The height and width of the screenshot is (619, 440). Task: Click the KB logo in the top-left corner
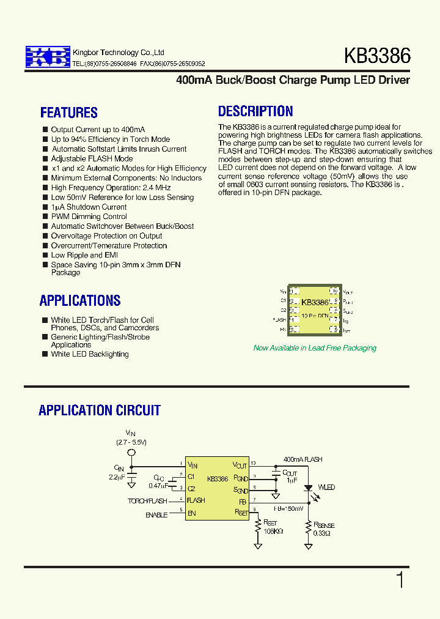(48, 57)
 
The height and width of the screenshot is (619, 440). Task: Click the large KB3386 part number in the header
(377, 56)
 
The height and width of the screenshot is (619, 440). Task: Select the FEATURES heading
(69, 113)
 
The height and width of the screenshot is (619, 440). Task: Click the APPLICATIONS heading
(80, 300)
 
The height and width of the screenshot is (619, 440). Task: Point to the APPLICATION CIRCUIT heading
(100, 410)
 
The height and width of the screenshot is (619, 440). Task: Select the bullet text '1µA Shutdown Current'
(89, 207)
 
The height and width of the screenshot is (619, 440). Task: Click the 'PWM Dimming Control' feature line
(89, 217)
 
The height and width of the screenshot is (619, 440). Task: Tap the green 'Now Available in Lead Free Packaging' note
(315, 348)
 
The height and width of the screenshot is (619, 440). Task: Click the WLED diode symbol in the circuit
(309, 487)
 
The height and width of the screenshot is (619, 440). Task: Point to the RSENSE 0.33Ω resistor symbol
(309, 527)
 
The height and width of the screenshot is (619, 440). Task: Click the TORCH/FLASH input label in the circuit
(148, 501)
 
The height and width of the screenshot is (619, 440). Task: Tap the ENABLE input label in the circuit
(156, 515)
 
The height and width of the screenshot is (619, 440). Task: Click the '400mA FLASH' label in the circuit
(302, 459)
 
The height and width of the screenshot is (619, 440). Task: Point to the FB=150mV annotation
(288, 508)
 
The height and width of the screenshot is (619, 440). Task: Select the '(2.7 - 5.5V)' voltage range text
(131, 442)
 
